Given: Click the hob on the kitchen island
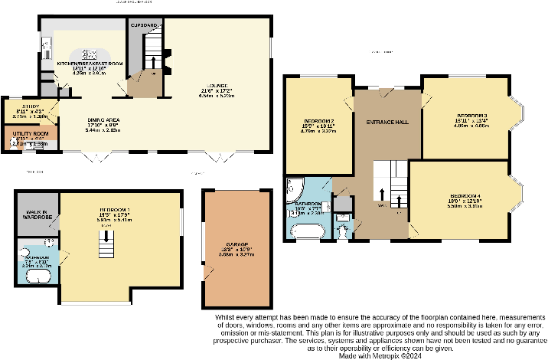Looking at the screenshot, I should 90,54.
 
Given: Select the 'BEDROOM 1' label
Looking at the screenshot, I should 114,210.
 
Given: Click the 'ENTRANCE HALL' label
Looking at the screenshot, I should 387,122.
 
